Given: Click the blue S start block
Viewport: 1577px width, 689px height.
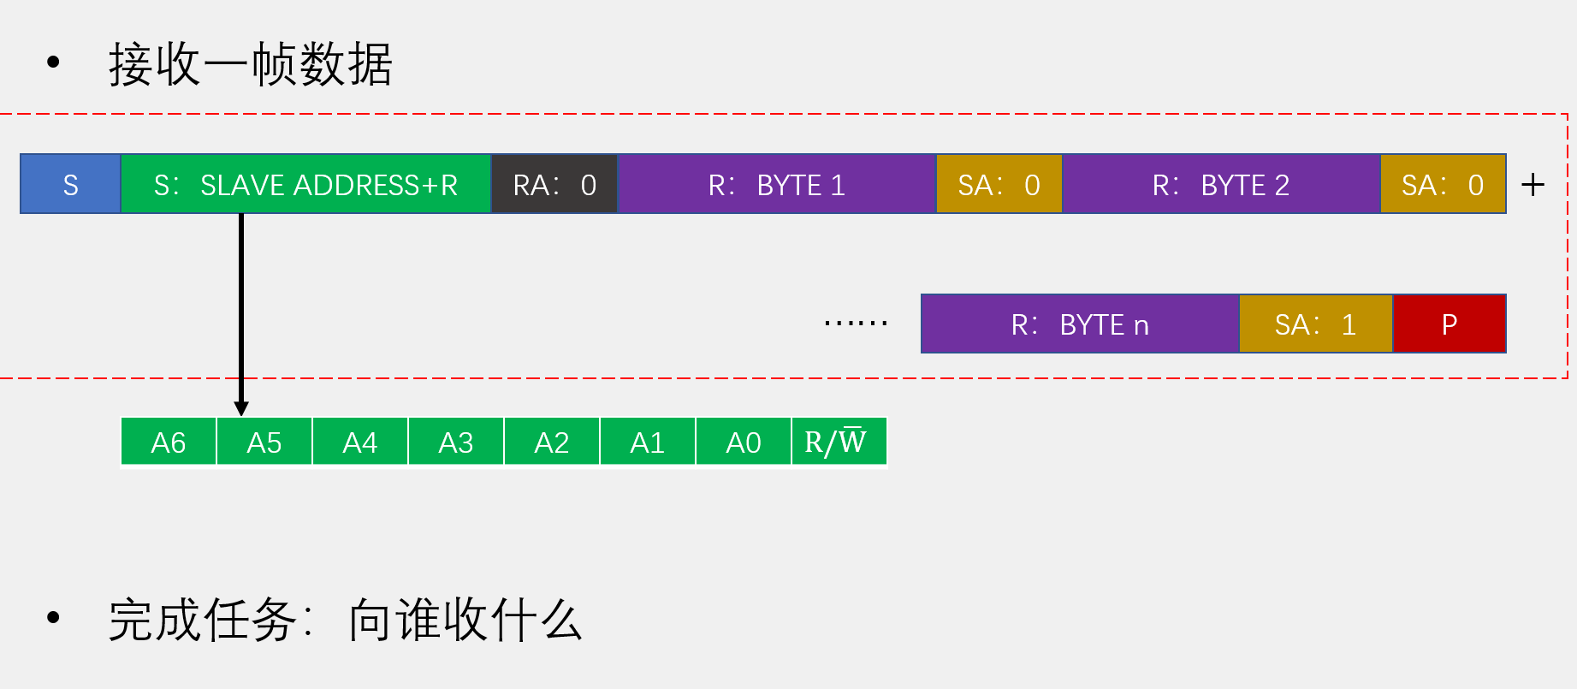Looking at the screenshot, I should (70, 184).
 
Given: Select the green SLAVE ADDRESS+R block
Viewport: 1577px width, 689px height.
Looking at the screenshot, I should (305, 184).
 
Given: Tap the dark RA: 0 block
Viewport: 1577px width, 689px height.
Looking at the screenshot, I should (554, 184).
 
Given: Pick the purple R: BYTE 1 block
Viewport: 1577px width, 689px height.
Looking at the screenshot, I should (777, 184).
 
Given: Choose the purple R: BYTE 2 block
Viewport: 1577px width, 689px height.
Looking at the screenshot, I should (1221, 184).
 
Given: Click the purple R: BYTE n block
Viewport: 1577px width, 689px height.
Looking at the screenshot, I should (1080, 324).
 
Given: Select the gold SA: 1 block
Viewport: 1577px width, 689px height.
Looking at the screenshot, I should (1316, 324).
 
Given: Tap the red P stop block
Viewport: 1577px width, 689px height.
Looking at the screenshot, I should (1450, 324).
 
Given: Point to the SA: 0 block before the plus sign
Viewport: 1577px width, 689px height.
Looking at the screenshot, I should (1443, 184).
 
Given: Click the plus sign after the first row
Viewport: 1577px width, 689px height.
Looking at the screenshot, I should (1533, 185).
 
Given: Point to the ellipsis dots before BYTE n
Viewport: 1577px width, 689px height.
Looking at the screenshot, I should (856, 323).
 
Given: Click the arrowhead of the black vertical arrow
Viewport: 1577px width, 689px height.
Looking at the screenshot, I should (241, 408).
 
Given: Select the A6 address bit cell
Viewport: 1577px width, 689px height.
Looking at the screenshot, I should (169, 443).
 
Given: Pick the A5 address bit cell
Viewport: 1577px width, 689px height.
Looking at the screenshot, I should (264, 443).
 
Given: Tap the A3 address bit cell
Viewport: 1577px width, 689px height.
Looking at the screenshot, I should (456, 443).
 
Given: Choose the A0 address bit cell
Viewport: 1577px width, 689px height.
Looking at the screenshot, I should (744, 443).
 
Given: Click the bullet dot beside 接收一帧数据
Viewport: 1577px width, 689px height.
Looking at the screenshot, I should (54, 62).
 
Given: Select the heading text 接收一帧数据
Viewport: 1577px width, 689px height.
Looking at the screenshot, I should (251, 64).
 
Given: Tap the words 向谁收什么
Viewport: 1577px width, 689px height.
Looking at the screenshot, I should (465, 621).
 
